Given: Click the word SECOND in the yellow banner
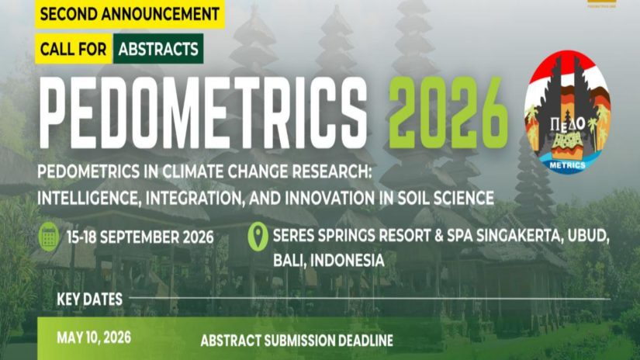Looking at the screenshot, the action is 68,14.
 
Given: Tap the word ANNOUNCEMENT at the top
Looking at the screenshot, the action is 161,14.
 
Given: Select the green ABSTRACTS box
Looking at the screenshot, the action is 158,49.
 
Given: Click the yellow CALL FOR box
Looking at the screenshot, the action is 74,49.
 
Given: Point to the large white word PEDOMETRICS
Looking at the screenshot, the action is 202,112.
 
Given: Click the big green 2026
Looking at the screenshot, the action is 448,112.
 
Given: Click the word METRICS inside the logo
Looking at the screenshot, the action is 567,165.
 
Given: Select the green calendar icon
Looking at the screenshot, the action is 49,237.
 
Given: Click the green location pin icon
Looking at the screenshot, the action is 258,236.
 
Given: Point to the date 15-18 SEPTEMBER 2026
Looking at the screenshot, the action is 140,237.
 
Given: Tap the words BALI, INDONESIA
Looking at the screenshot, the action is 329,261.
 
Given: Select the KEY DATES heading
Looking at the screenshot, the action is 89,299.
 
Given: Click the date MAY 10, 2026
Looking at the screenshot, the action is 94,338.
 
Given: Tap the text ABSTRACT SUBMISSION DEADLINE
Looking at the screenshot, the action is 297,341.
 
